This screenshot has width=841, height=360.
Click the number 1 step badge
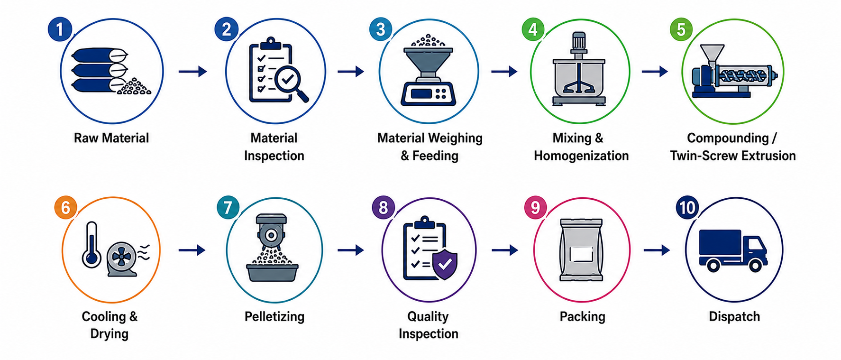tap(60, 29)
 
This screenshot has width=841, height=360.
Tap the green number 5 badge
tap(681, 29)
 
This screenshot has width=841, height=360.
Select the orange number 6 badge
tap(65, 207)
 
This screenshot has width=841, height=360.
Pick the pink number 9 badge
tap(535, 207)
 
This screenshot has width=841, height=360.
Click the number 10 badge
tap(687, 207)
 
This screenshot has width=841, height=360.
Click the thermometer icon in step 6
tap(91, 245)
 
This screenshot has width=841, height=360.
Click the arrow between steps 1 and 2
tap(193, 72)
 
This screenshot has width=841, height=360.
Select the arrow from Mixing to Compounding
tap(655, 72)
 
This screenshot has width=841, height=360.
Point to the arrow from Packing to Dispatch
tap(657, 250)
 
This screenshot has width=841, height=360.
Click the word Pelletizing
tap(274, 316)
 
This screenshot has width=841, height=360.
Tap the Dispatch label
tap(734, 316)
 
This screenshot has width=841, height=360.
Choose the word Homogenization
tap(581, 156)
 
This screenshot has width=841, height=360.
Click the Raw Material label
tap(111, 138)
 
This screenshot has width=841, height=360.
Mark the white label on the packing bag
tap(581, 255)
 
